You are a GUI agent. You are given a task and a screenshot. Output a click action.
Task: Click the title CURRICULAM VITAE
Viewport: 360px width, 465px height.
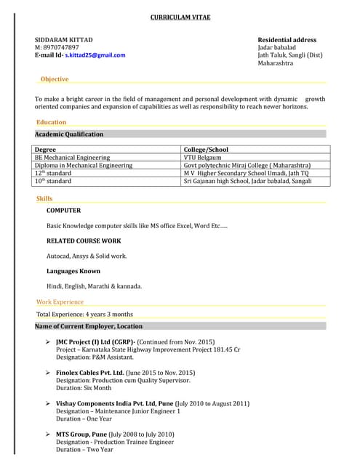[180, 17]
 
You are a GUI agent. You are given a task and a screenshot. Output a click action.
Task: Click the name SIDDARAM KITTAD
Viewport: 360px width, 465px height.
[64, 39]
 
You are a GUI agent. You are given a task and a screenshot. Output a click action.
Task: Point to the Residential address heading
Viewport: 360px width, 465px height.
[287, 39]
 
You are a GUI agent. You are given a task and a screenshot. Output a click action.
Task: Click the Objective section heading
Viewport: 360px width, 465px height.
[55, 79]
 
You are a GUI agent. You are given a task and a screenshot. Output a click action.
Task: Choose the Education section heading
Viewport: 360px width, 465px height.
[51, 122]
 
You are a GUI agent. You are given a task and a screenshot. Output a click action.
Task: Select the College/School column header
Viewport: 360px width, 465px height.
[206, 150]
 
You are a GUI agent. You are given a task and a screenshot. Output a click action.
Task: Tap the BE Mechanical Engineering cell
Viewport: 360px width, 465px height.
[73, 158]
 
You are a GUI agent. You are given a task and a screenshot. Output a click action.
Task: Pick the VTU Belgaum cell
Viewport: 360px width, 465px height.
[202, 158]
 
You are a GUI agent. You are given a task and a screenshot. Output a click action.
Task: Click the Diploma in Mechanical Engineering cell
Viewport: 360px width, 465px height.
[84, 166]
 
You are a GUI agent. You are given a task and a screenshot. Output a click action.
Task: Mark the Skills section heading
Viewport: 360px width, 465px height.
[44, 198]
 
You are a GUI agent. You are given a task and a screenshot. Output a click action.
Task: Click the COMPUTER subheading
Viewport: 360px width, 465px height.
[64, 211]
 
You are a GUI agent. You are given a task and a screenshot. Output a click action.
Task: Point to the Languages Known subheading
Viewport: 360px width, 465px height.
[73, 271]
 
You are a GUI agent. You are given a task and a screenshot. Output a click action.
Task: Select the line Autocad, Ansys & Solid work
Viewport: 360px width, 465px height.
[87, 256]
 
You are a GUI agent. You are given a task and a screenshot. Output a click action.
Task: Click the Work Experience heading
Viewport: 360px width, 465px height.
[60, 302]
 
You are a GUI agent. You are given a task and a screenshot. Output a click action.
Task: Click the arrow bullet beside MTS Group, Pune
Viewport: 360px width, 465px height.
[48, 434]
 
